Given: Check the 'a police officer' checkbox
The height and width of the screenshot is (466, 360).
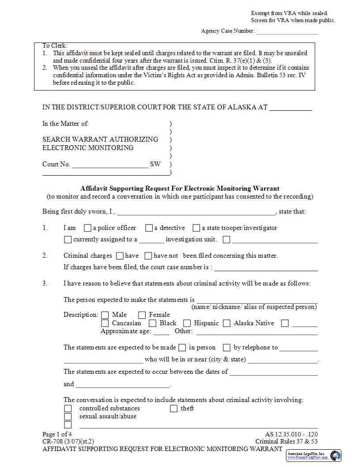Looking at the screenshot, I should (x=87, y=228).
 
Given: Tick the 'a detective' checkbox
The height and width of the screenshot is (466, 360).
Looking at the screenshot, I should (x=149, y=228).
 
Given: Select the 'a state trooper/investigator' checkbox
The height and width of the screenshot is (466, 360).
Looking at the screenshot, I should (x=196, y=228).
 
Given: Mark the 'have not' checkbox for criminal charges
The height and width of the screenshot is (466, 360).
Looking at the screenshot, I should (x=148, y=256).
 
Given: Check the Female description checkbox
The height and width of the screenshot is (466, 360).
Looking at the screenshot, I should (x=142, y=315).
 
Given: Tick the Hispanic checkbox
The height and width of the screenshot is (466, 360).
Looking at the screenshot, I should (x=187, y=323).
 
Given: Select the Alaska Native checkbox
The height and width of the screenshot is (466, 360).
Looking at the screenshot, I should (x=227, y=323).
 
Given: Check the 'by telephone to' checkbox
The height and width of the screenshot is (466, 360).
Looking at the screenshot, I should (x=227, y=348).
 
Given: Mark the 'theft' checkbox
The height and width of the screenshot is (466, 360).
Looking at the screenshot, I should (x=174, y=409).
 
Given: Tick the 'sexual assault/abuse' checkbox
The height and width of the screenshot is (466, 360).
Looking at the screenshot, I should (x=68, y=417).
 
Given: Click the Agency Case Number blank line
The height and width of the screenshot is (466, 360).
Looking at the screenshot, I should (x=287, y=32).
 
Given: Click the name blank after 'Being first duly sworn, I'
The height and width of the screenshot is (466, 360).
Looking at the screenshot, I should (x=196, y=212).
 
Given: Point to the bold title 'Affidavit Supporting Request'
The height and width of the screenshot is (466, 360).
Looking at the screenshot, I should (x=180, y=188).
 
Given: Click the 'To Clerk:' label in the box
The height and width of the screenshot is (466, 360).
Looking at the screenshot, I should (x=55, y=45).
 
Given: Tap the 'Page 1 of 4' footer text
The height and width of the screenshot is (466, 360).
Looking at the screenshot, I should (x=56, y=434).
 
